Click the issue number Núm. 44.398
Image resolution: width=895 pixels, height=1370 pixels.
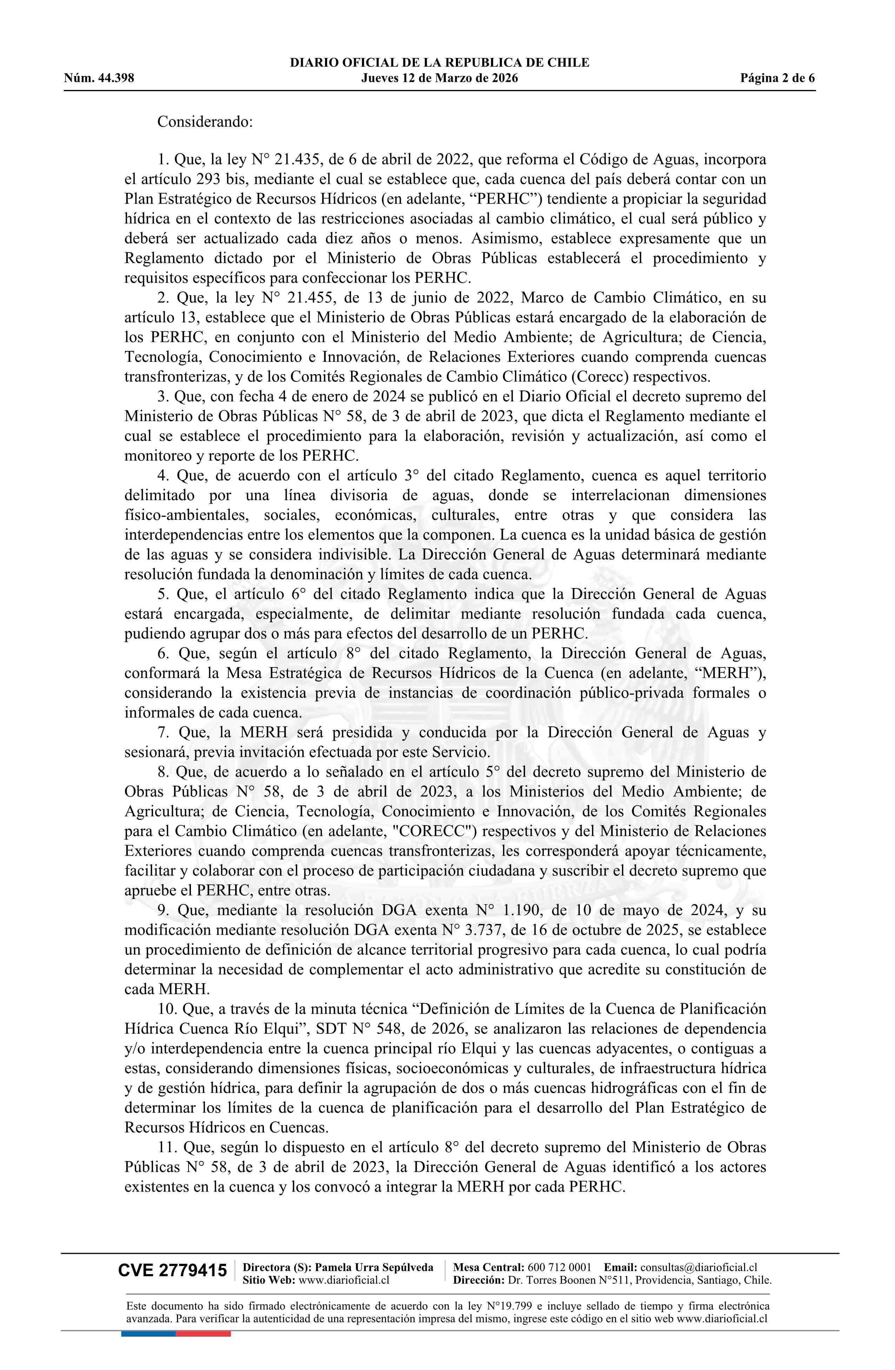coord(99,78)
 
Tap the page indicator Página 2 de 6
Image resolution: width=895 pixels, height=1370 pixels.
coord(778,78)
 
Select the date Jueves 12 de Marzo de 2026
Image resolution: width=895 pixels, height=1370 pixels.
coord(439,78)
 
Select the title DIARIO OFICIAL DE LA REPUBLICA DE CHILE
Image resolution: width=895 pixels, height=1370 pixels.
coord(439,63)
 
